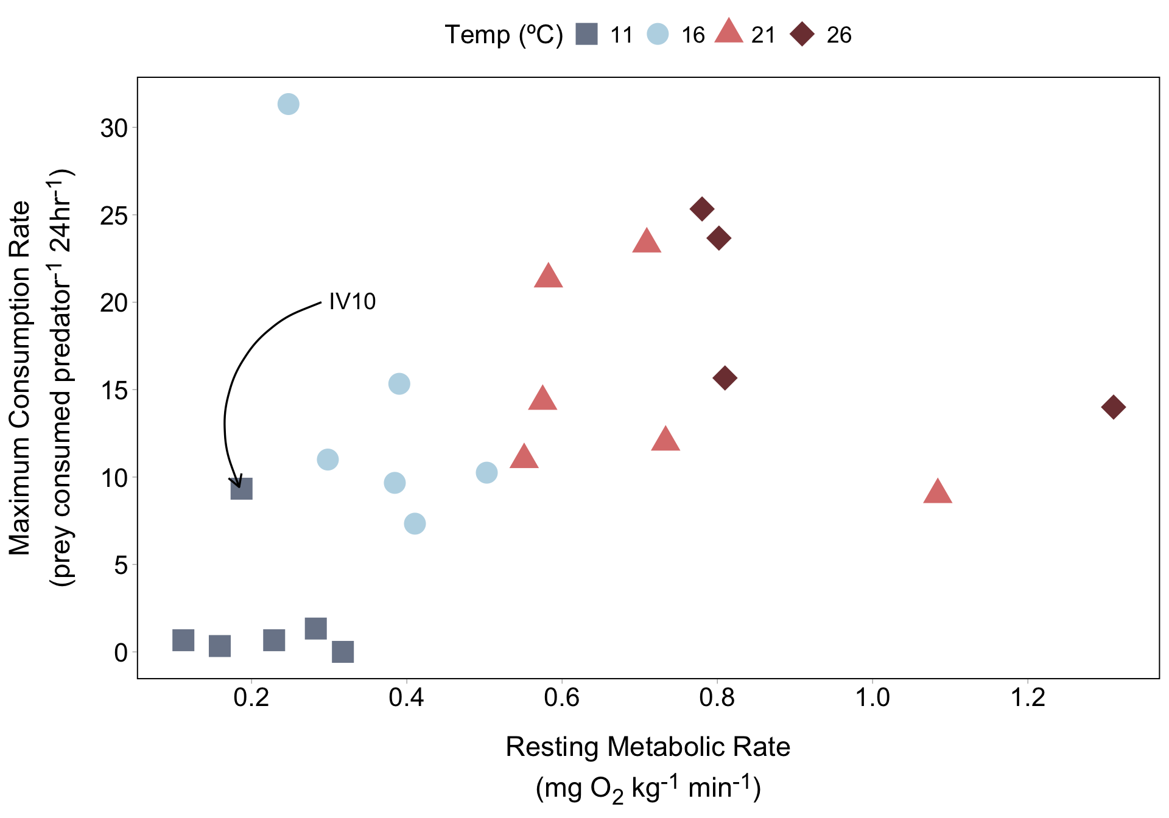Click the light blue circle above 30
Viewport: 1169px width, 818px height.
point(288,104)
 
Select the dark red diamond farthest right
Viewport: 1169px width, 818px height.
point(1114,407)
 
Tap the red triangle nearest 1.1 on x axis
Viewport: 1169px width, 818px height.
point(938,492)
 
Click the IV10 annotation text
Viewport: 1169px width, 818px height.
point(352,301)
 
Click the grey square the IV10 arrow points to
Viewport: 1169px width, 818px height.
point(242,489)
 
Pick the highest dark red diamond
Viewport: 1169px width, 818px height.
point(702,209)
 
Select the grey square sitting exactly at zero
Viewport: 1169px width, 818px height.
point(343,652)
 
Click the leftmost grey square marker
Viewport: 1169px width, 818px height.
point(183,640)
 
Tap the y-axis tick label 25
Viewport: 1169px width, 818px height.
point(114,216)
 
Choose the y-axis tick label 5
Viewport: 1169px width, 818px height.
point(121,565)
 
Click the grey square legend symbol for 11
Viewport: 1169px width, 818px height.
point(587,34)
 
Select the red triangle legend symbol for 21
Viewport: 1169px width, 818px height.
point(729,32)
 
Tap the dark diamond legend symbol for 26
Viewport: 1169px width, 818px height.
point(802,34)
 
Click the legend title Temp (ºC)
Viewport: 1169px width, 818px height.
point(504,35)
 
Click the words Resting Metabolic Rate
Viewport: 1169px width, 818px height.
point(648,747)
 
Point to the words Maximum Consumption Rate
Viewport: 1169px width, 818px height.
point(20,377)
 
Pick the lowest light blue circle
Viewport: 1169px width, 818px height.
point(415,523)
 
